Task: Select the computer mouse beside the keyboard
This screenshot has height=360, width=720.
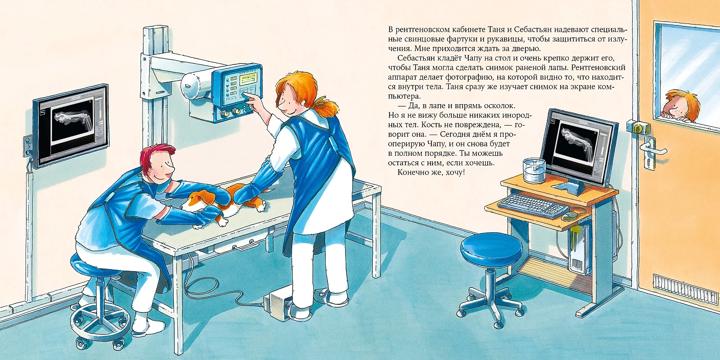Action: pyautogui.click(x=569, y=215)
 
